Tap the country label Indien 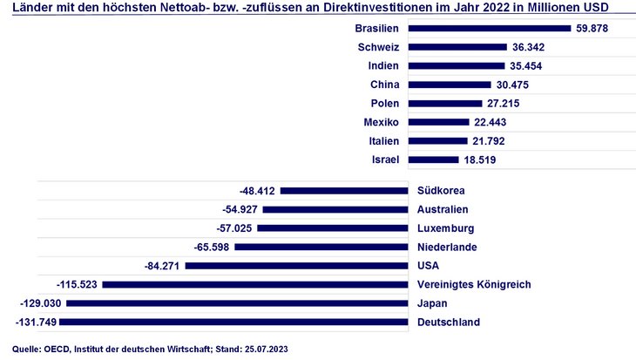pos(383,65)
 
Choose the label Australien pos(443,209)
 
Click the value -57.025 pos(234,228)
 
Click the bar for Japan pos(237,303)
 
